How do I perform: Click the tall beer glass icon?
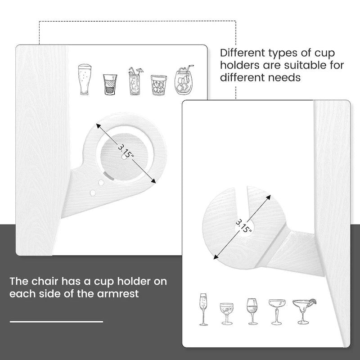pos(85,80)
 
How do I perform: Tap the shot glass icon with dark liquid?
pos(110,84)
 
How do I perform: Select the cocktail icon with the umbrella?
pos(135,81)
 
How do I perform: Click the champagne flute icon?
pos(203,309)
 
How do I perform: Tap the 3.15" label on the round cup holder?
pos(126,151)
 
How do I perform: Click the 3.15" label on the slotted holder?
pos(243,226)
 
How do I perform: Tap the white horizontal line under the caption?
pos(56,322)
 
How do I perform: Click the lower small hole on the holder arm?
pos(93,193)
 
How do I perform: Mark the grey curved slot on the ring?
pos(108,175)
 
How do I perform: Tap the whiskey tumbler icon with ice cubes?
pos(159,85)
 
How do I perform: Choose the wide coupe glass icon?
pos(277,312)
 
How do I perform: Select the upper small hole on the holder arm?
pos(101,183)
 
